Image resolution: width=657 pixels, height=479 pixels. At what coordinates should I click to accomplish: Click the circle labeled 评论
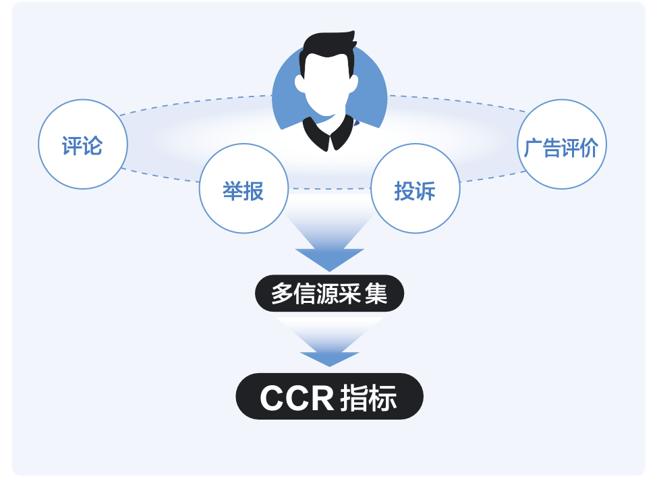click(x=82, y=144)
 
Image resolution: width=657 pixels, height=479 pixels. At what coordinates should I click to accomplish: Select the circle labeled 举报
click(x=244, y=189)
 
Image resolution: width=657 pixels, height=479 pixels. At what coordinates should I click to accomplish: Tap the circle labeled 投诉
click(x=416, y=189)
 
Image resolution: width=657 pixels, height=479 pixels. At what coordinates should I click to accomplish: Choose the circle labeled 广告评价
click(x=562, y=144)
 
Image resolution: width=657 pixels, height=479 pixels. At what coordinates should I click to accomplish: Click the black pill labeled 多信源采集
click(x=329, y=294)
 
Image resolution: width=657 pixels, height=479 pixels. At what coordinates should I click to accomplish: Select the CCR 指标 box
click(x=329, y=397)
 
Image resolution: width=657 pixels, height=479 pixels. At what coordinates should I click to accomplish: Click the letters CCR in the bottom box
click(x=297, y=398)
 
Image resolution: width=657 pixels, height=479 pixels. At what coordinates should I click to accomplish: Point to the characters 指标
click(x=369, y=398)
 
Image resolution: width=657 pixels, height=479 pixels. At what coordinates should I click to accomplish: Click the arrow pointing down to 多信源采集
click(x=329, y=253)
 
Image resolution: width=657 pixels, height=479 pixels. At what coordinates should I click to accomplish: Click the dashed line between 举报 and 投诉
click(x=329, y=189)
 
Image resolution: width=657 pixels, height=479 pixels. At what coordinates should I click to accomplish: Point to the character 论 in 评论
click(x=93, y=145)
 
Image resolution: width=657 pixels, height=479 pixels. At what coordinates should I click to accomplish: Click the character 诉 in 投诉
click(x=426, y=191)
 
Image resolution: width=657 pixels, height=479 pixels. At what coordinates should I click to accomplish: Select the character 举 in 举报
click(x=233, y=191)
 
